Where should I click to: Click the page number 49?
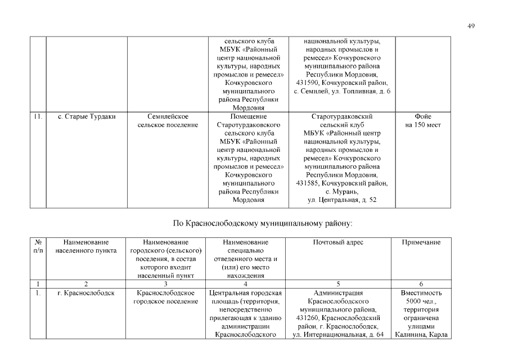(471, 26)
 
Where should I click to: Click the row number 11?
(37, 117)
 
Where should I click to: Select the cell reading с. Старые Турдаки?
(87, 117)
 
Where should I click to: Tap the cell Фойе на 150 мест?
(422, 121)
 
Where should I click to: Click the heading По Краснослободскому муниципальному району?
(263, 223)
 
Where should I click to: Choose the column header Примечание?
(421, 242)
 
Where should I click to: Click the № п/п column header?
(37, 246)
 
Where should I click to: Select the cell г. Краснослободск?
(87, 293)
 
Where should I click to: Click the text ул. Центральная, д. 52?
(342, 200)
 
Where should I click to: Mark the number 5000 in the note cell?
(412, 301)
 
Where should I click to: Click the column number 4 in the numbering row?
(245, 285)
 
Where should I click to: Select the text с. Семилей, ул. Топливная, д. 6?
(342, 92)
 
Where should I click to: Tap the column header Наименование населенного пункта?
(87, 246)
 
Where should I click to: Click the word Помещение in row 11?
(245, 117)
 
